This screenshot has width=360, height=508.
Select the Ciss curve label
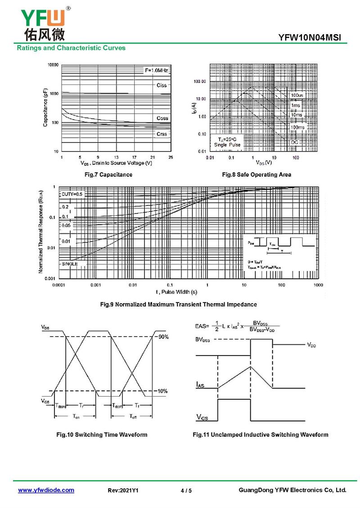tap(162, 85)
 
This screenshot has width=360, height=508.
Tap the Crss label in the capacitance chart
tap(162, 134)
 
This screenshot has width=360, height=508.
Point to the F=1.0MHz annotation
tap(156, 71)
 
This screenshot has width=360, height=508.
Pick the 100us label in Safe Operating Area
tap(297, 96)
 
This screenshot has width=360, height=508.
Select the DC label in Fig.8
tap(294, 142)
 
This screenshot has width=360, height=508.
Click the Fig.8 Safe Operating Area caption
tap(256, 174)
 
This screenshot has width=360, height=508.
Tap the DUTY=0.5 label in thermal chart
tap(72, 194)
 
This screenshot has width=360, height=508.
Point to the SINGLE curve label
tap(70, 263)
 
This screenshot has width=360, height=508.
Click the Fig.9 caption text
tap(178, 304)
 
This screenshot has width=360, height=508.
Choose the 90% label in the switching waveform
tap(163, 337)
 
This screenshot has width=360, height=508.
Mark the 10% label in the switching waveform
tap(162, 391)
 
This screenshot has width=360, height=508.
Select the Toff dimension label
tap(133, 417)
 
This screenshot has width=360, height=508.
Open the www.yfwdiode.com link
tap(46, 490)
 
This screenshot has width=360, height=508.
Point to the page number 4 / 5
tap(186, 490)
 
